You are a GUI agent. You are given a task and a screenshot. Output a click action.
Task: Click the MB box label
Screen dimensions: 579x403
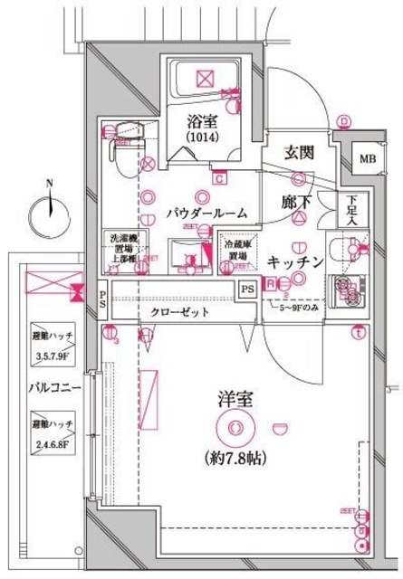click(x=366, y=160)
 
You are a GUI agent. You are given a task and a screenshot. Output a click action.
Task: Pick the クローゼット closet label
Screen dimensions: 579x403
click(x=179, y=311)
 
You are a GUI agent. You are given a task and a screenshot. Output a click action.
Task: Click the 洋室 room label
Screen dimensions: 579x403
click(x=235, y=396)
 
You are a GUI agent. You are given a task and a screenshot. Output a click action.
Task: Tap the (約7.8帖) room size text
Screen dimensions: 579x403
click(x=235, y=459)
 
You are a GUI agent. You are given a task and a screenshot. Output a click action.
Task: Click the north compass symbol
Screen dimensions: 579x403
click(x=50, y=213)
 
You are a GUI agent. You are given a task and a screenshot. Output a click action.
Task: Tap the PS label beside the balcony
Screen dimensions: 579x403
click(x=103, y=298)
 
